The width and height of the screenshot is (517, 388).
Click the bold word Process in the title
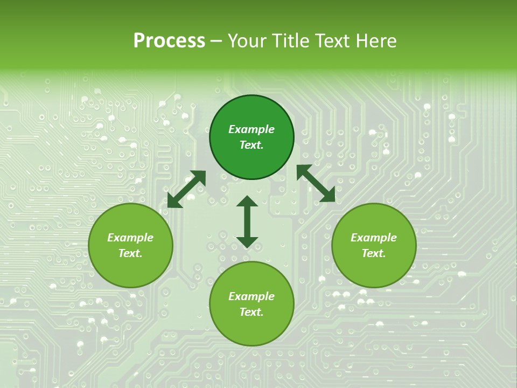pos(169,41)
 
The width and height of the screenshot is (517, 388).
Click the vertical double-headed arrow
pos(247,221)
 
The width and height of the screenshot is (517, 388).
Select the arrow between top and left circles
pos(186,189)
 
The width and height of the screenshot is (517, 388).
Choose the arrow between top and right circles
pos(316,184)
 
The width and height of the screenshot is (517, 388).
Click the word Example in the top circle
pos(251,129)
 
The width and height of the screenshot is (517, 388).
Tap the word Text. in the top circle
pos(251,145)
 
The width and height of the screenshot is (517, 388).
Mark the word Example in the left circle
pos(130,238)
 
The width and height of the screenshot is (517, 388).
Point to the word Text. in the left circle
pos(130,253)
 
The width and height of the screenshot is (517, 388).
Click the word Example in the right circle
pos(374,238)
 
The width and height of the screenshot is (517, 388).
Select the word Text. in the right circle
pos(374,253)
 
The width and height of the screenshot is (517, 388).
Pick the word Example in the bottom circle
pos(251,296)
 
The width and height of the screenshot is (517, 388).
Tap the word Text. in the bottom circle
pos(251,312)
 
